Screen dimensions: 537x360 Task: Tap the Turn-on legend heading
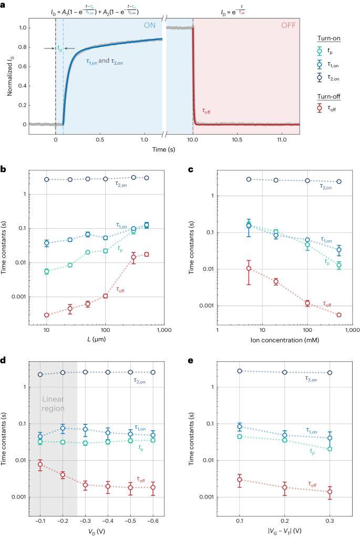[331, 55]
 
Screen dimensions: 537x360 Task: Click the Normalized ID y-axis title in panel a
[11, 72]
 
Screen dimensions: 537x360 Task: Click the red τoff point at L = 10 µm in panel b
[47, 315]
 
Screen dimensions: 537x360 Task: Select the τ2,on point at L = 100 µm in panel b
[106, 179]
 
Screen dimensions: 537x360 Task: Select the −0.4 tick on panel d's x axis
[108, 516]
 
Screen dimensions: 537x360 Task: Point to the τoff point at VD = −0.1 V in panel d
[40, 464]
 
